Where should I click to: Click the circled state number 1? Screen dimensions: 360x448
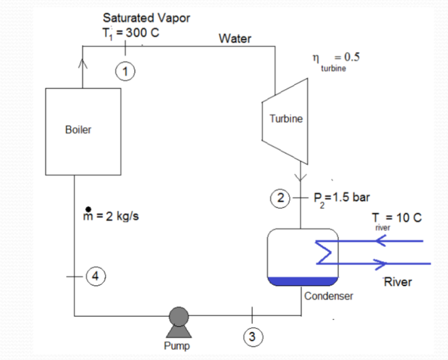click(x=126, y=70)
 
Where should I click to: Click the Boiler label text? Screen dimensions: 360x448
click(x=78, y=130)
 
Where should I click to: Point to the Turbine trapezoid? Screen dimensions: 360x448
click(x=286, y=120)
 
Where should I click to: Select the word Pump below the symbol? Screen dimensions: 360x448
click(x=177, y=346)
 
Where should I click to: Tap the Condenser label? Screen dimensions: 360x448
click(x=329, y=296)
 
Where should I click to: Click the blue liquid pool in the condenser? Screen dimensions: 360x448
click(x=302, y=280)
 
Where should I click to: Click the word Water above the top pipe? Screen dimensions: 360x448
click(x=234, y=39)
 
